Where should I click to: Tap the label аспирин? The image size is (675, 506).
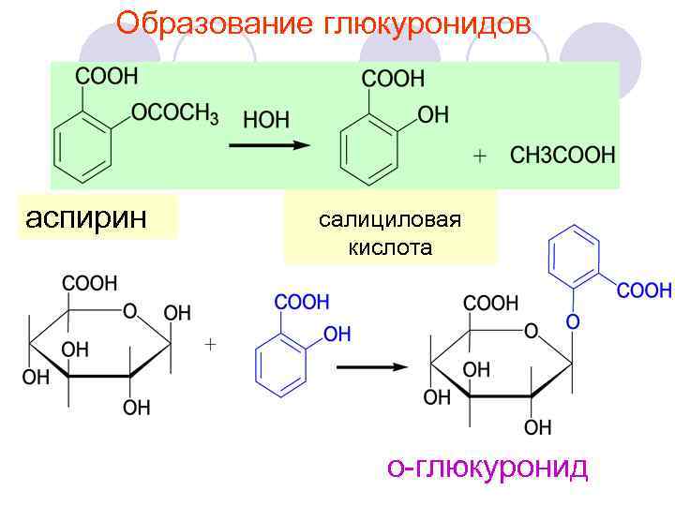[x=86, y=217]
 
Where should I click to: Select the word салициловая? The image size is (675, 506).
[x=390, y=220]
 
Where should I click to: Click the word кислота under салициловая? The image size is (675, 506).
[x=390, y=247]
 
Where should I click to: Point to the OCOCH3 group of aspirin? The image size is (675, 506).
[x=175, y=114]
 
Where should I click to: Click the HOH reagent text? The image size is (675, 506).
[x=266, y=120]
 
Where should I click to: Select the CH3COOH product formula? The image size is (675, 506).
[x=562, y=156]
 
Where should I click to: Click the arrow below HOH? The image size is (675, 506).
[x=269, y=145]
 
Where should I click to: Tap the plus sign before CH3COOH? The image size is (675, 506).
[x=480, y=156]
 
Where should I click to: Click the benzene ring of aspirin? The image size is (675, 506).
[x=82, y=144]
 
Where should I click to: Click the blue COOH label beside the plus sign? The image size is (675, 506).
[x=302, y=302]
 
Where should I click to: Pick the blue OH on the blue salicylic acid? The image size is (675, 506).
[x=337, y=334]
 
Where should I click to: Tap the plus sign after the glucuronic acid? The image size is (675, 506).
[x=211, y=345]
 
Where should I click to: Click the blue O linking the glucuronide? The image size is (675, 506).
[x=573, y=321]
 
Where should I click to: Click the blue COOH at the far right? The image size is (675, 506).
[x=644, y=290]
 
